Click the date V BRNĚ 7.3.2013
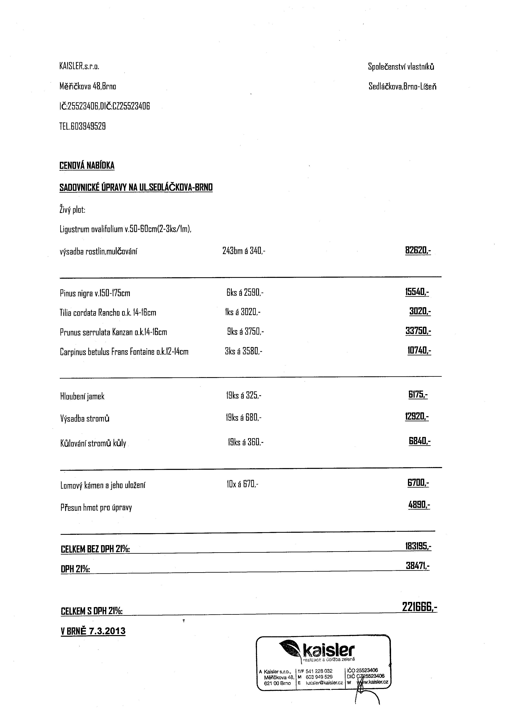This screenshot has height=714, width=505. tap(93, 631)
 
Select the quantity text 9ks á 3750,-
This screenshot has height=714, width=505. tap(245, 332)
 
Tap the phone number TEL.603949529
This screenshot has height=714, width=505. tap(82, 126)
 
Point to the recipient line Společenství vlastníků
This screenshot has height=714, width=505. tap(401, 67)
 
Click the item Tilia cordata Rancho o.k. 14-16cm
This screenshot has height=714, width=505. tap(108, 312)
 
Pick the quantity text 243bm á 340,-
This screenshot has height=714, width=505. tap(244, 251)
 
